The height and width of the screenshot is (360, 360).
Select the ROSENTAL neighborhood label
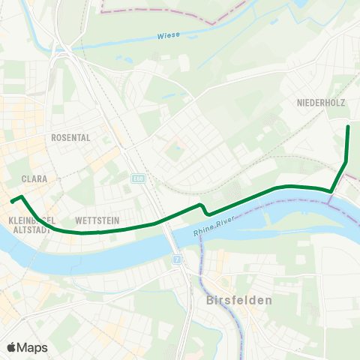(x=70, y=138)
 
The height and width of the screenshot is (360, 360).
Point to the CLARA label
(x=35, y=179)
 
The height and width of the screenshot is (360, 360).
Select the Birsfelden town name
(x=238, y=299)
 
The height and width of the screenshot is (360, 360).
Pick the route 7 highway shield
(x=177, y=259)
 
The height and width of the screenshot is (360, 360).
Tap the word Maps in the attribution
(x=32, y=347)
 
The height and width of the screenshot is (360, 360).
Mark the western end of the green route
(x=11, y=200)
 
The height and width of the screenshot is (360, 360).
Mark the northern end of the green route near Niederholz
(x=348, y=127)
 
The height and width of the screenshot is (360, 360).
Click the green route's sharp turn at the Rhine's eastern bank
(x=331, y=191)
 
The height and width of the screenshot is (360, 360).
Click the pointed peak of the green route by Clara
(x=22, y=196)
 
